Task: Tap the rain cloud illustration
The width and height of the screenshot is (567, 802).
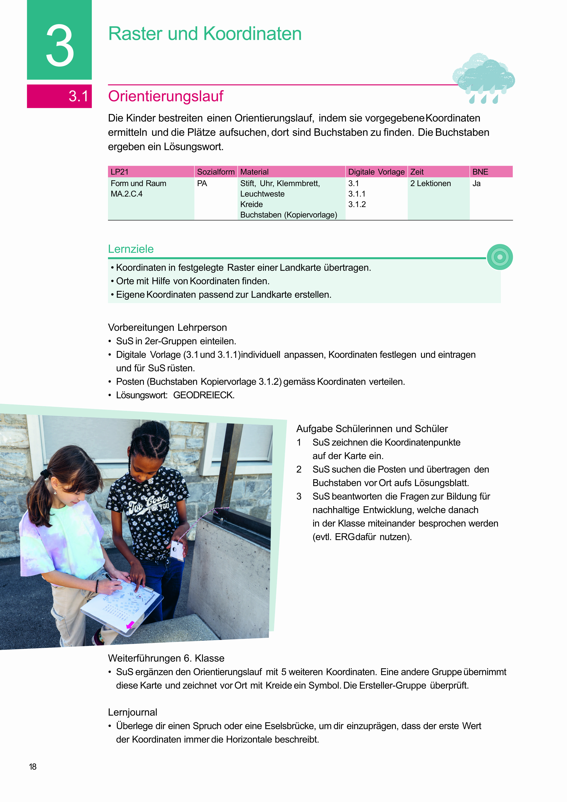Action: tap(484, 78)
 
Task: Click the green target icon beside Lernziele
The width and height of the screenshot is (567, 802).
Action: tap(500, 257)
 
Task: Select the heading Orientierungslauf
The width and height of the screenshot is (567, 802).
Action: tap(166, 96)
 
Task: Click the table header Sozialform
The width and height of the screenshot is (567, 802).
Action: tap(216, 172)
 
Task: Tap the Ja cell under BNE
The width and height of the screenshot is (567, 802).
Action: tap(476, 183)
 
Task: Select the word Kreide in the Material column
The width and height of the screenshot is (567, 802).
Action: tap(252, 204)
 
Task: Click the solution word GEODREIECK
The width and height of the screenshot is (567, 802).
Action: tap(204, 395)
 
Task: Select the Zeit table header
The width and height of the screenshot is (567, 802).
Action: tap(417, 172)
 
